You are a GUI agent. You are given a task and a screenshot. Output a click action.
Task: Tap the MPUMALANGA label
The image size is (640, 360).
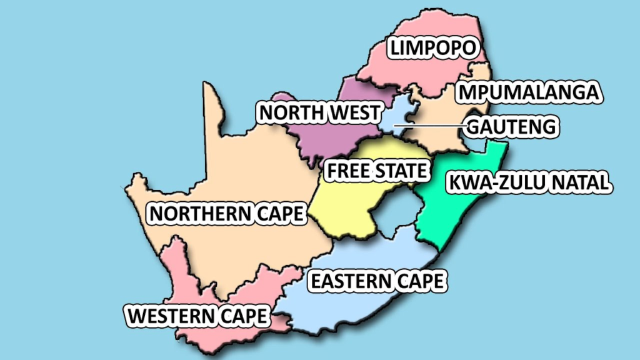528,92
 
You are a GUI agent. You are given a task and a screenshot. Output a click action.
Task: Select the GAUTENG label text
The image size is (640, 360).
511,127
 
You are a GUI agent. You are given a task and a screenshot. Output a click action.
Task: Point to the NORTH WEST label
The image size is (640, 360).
319,113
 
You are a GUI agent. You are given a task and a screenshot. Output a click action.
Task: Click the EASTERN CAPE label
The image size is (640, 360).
377,281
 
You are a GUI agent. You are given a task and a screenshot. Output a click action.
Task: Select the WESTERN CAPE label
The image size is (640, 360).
197,316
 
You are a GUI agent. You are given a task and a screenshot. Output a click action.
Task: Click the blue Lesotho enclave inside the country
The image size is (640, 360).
394,212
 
